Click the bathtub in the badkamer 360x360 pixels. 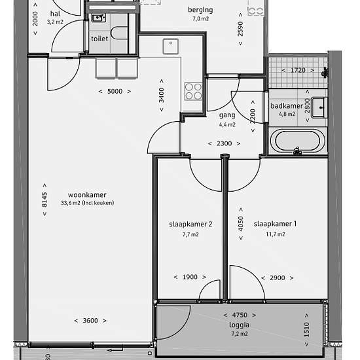tap(298, 141)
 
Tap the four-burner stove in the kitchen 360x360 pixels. tap(194, 92)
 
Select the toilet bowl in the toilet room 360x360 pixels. tap(119, 33)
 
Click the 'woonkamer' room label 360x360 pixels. tap(87, 195)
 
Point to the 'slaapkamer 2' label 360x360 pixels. tap(190, 224)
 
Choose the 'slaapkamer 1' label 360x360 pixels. tap(275, 224)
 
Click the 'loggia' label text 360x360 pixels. tap(239, 325)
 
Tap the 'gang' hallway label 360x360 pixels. tap(227, 115)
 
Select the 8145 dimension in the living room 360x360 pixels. tap(45, 200)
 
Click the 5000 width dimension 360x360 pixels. tap(115, 92)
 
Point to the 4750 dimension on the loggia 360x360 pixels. tap(240, 315)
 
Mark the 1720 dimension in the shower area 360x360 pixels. tap(298, 70)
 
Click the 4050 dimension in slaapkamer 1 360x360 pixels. tap(241, 224)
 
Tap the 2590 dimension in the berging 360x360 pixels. tap(240, 29)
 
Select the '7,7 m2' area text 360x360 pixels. tap(190, 234)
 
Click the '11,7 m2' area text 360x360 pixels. tap(276, 234)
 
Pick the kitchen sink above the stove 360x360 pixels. tap(171, 46)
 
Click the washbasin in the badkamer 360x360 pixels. tap(319, 107)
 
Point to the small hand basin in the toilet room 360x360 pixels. tap(99, 18)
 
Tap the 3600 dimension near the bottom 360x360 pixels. tap(90, 321)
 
